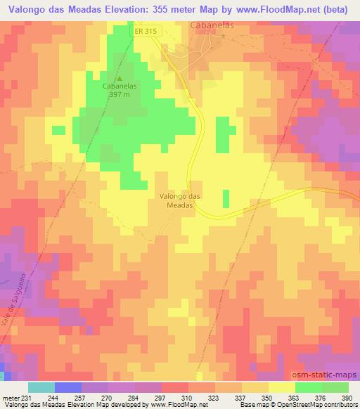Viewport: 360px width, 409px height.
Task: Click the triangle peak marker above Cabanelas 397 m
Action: (x=119, y=78)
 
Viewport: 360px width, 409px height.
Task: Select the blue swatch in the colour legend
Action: (x=68, y=387)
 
